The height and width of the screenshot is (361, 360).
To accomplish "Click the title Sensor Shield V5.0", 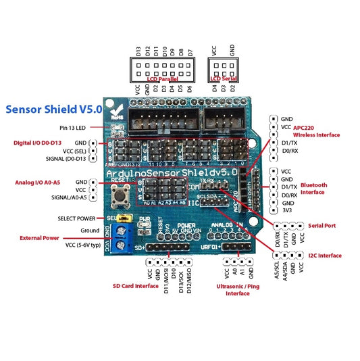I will pyautogui.click(x=53, y=108).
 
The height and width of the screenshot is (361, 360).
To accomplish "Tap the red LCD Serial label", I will pyautogui.click(x=223, y=79).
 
